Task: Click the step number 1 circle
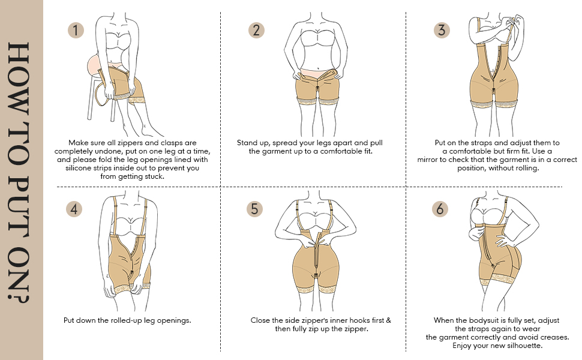tap(75, 30)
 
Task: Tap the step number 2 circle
tap(256, 30)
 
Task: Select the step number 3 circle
tap(442, 30)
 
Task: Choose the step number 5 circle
tap(255, 209)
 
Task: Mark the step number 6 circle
tap(440, 209)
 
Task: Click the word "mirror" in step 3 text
tap(430, 160)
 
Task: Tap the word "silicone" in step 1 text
tap(81, 168)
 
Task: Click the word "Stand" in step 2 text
tap(248, 143)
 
